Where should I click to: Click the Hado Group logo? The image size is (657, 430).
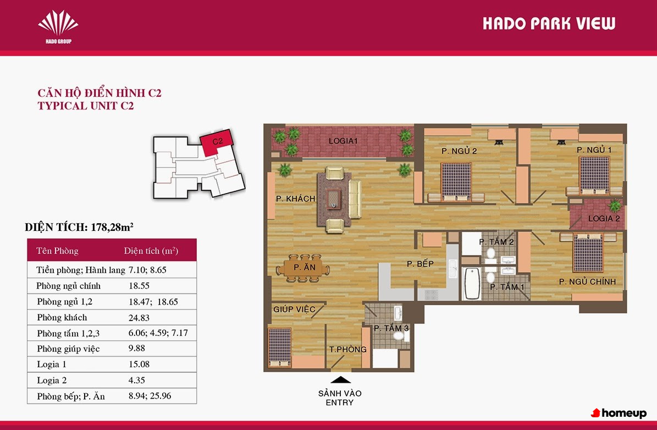tap(58, 26)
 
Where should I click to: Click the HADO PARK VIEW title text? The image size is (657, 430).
tap(549, 24)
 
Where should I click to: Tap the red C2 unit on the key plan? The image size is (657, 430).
tap(217, 142)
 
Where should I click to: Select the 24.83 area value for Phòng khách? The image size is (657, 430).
tap(139, 318)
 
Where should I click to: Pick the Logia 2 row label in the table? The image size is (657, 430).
tap(52, 381)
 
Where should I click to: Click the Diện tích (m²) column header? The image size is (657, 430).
tap(151, 251)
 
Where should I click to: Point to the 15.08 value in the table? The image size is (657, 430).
tap(139, 364)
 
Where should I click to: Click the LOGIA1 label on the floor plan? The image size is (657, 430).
tap(343, 141)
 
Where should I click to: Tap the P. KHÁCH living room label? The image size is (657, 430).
tap(295, 199)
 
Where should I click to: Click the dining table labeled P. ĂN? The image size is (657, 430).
tap(303, 268)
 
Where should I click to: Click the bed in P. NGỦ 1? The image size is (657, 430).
tap(594, 175)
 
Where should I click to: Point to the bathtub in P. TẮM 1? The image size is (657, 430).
tap(472, 284)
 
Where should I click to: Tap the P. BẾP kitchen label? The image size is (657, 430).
tap(420, 263)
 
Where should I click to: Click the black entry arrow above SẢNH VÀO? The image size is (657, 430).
tap(341, 380)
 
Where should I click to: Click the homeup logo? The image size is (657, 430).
tap(619, 414)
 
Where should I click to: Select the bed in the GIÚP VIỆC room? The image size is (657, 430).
tap(279, 346)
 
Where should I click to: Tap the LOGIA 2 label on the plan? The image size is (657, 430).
tap(604, 218)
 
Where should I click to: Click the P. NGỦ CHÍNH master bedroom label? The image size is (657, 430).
tap(587, 282)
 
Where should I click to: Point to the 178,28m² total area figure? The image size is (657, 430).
tap(112, 227)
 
